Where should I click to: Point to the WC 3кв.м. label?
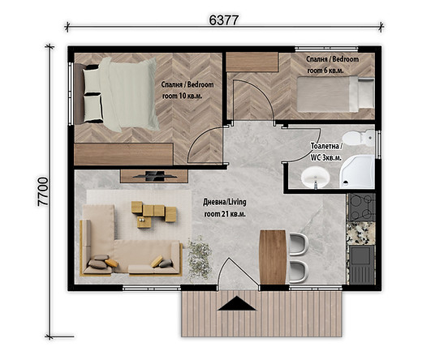pyautogui.click(x=326, y=152)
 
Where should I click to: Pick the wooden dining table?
pyautogui.click(x=272, y=256)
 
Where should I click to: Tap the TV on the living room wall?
pyautogui.click(x=149, y=174)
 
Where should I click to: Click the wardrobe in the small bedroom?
pyautogui.click(x=252, y=62)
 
